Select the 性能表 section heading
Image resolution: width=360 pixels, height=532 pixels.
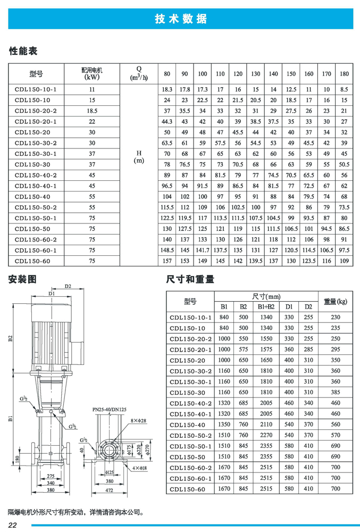[23, 52]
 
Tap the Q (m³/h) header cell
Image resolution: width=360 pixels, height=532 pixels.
[139, 73]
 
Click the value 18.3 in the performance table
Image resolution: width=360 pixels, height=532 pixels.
[168, 89]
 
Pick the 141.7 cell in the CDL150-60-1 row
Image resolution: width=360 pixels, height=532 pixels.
[203, 250]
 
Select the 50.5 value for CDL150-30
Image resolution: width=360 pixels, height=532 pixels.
[344, 164]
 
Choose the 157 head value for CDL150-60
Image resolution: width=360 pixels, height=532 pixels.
[168, 261]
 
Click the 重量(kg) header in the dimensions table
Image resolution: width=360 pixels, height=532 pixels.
[335, 302]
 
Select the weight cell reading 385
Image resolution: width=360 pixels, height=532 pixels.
[335, 392]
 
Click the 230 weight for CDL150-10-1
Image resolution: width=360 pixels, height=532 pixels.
[335, 317]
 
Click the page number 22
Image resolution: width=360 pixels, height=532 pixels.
[14, 526]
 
